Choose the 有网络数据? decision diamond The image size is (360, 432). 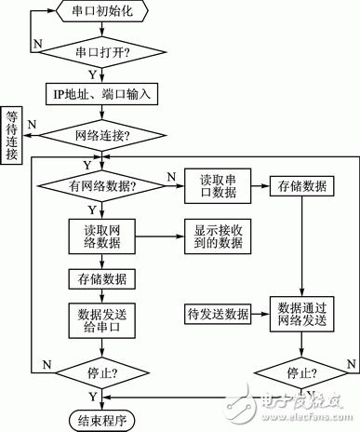coord(103,187)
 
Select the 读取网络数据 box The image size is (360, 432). coord(103,236)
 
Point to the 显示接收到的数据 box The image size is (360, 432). coord(216,236)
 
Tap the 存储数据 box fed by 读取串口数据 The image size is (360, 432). coord(300,186)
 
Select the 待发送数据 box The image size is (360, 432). coord(216,314)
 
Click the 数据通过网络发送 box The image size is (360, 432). coord(300,314)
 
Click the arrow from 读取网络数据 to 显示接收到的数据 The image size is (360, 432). coord(160,236)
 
